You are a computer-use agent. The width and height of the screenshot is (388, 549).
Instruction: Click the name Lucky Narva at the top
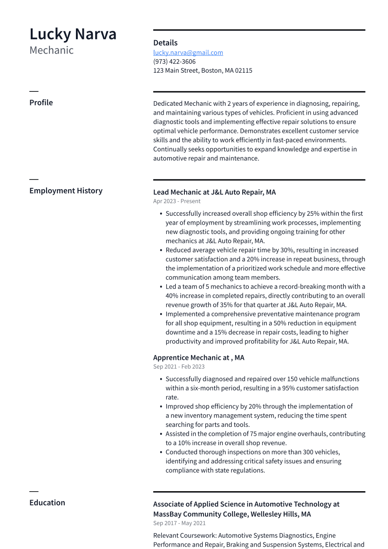pos(73,34)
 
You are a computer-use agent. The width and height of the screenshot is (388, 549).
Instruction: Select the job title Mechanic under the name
pos(51,50)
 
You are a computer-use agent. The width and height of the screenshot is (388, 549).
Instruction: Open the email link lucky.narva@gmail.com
pos(188,53)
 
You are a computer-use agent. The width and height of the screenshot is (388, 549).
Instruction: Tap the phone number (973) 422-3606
pos(174,62)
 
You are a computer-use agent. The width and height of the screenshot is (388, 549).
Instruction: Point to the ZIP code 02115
pos(244,71)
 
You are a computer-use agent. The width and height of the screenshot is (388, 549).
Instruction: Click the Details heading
pos(165,43)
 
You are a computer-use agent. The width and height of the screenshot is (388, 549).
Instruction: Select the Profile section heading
pos(41,103)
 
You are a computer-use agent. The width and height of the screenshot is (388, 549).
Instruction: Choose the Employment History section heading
pos(66,191)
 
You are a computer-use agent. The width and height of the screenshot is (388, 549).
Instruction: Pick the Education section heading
pos(47,502)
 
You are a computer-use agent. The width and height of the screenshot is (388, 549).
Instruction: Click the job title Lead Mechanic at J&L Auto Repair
pos(214,192)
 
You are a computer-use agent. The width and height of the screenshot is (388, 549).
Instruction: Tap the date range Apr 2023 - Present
pos(177,201)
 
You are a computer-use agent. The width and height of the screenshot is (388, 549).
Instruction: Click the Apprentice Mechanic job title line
pos(198,357)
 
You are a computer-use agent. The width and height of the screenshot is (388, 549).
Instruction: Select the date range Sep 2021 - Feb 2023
pos(179,367)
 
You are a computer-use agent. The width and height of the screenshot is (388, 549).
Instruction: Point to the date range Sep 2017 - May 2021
pos(179,523)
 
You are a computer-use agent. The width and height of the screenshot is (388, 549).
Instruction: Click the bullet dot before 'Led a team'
pos(161,287)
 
